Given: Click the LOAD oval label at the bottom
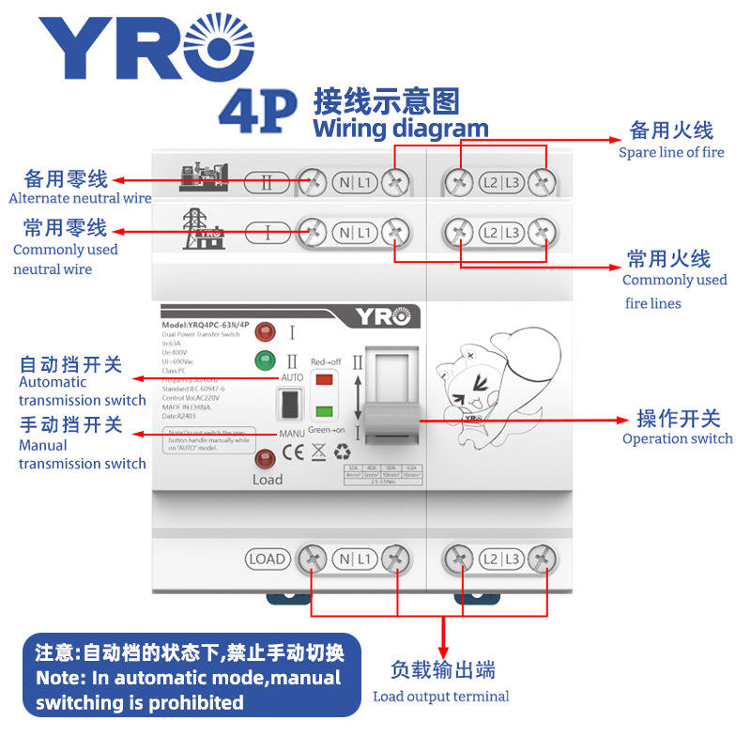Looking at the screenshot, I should tap(267, 559).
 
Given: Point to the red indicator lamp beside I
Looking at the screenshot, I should tap(265, 331).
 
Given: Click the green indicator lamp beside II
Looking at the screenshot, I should tap(265, 360).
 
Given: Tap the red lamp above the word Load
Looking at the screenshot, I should tap(266, 459).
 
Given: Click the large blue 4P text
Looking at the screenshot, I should tap(257, 109).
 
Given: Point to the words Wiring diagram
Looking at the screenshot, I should tap(400, 129).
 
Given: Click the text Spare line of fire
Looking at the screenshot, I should tap(671, 152).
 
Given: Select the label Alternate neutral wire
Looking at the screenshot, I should tap(80, 198).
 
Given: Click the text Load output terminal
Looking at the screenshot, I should tap(440, 696).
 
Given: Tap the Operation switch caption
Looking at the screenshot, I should tap(677, 438).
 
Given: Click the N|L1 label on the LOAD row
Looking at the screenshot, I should tap(354, 559).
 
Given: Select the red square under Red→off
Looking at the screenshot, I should tap(324, 379).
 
